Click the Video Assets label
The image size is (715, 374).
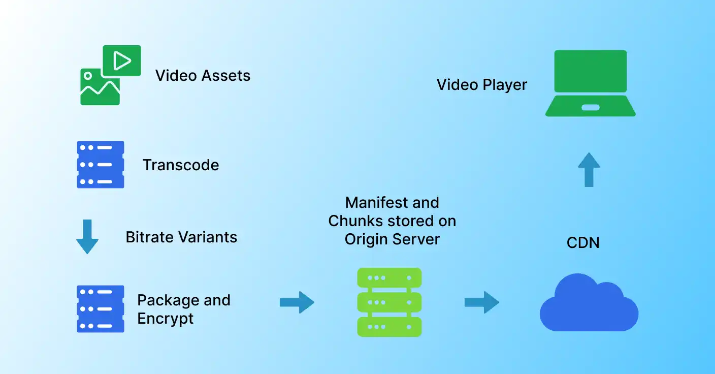(203, 76)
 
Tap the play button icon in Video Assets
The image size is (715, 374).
(122, 61)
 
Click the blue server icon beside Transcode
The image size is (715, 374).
(101, 165)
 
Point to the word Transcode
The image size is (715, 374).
(181, 165)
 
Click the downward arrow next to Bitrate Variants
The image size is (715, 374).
(87, 237)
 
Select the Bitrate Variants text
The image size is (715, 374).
(181, 237)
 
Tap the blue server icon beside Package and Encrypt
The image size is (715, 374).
(101, 309)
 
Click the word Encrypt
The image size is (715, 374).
(165, 319)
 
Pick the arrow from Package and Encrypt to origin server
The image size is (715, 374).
(297, 302)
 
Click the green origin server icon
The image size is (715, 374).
(389, 302)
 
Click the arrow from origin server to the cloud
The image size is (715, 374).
(482, 302)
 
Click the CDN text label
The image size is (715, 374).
(583, 243)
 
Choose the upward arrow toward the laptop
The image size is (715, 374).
(589, 169)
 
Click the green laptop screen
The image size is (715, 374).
(590, 71)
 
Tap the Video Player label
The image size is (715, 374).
(481, 85)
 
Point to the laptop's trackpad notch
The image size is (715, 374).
(590, 107)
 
